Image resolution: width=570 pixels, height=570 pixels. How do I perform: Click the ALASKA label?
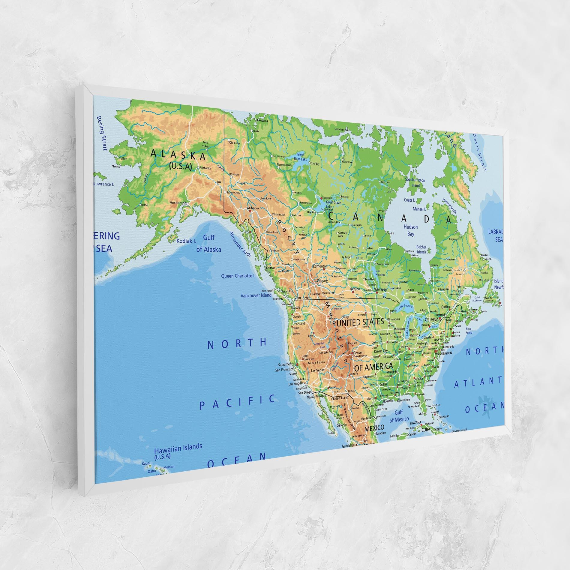178,155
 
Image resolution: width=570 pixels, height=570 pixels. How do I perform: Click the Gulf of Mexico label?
399,416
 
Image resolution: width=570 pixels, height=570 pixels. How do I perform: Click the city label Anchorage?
178,202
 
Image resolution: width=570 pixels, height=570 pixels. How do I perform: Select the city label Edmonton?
320,266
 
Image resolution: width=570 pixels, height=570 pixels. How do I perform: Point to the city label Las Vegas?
318,370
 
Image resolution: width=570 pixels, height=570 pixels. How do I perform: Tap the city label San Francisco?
285,370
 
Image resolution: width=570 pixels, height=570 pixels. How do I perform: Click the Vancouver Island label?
256,295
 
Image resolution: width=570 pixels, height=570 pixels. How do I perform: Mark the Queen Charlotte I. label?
238,276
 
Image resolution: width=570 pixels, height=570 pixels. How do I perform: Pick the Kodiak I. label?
186,241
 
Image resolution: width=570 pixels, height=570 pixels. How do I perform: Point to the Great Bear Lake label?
300,156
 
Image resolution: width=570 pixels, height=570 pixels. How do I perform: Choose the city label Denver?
358,353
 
